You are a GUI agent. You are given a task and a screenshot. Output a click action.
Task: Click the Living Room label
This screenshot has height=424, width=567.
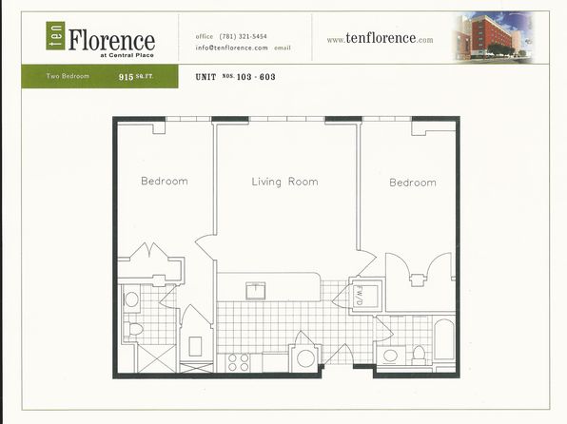[x=284, y=182]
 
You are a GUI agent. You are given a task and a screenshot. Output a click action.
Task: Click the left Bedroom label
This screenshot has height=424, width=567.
[x=165, y=181]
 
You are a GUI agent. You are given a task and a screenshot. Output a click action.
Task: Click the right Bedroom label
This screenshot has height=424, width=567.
[x=413, y=183]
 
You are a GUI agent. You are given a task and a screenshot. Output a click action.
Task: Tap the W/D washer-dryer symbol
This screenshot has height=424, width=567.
[x=362, y=297]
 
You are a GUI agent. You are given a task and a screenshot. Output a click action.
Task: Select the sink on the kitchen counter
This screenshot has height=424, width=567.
[x=255, y=290]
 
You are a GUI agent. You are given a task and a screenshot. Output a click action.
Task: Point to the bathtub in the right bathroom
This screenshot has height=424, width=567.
[x=443, y=340]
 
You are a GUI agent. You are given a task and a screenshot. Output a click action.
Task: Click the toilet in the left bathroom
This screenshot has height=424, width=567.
[x=134, y=329]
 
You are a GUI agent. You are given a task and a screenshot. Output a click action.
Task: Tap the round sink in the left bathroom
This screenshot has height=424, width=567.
[x=132, y=299]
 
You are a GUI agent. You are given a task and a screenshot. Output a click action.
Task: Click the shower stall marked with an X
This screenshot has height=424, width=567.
[x=154, y=358]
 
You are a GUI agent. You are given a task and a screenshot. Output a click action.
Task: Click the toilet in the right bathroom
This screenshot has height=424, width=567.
[x=419, y=353]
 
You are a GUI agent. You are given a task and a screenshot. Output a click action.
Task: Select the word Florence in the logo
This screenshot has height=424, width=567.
[x=110, y=40]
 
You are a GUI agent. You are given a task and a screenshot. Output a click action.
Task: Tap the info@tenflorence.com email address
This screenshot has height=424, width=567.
[x=231, y=48]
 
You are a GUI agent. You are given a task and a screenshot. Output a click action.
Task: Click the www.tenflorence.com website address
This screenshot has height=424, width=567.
[x=380, y=40]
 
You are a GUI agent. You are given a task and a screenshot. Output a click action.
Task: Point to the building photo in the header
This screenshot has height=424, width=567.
[x=492, y=36]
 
